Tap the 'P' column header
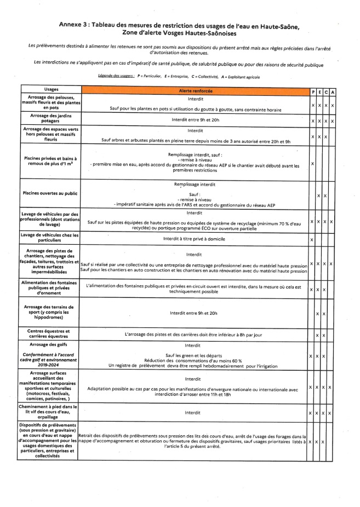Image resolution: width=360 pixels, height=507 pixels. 312,90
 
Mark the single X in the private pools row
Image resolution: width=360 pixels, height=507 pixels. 312,163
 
